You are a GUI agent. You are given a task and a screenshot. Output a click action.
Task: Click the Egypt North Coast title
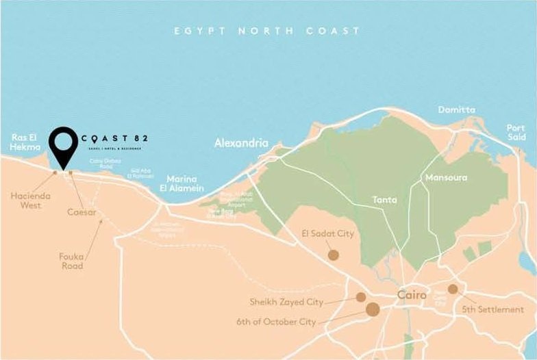[266, 31]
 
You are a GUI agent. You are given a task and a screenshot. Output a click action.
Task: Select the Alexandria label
[241, 144]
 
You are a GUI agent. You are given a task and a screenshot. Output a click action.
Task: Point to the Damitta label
[457, 110]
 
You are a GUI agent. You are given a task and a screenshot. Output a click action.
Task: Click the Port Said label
[516, 133]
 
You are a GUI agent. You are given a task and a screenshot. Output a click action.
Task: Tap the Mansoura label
[446, 177]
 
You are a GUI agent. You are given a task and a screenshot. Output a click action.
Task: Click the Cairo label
[412, 295]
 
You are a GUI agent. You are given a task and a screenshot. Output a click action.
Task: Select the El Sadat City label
[328, 234]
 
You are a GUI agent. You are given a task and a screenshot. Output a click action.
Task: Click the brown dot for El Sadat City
[334, 255]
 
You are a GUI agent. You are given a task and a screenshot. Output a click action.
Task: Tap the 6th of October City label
[276, 321]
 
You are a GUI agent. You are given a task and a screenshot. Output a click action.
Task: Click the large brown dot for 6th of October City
[373, 310]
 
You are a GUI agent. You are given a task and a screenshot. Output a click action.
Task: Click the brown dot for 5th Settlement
[453, 290]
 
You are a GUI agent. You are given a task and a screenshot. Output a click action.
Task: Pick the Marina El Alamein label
[186, 182]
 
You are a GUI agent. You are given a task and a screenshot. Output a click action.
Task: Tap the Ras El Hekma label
[26, 142]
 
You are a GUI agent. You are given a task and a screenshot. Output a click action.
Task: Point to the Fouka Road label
[71, 261]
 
